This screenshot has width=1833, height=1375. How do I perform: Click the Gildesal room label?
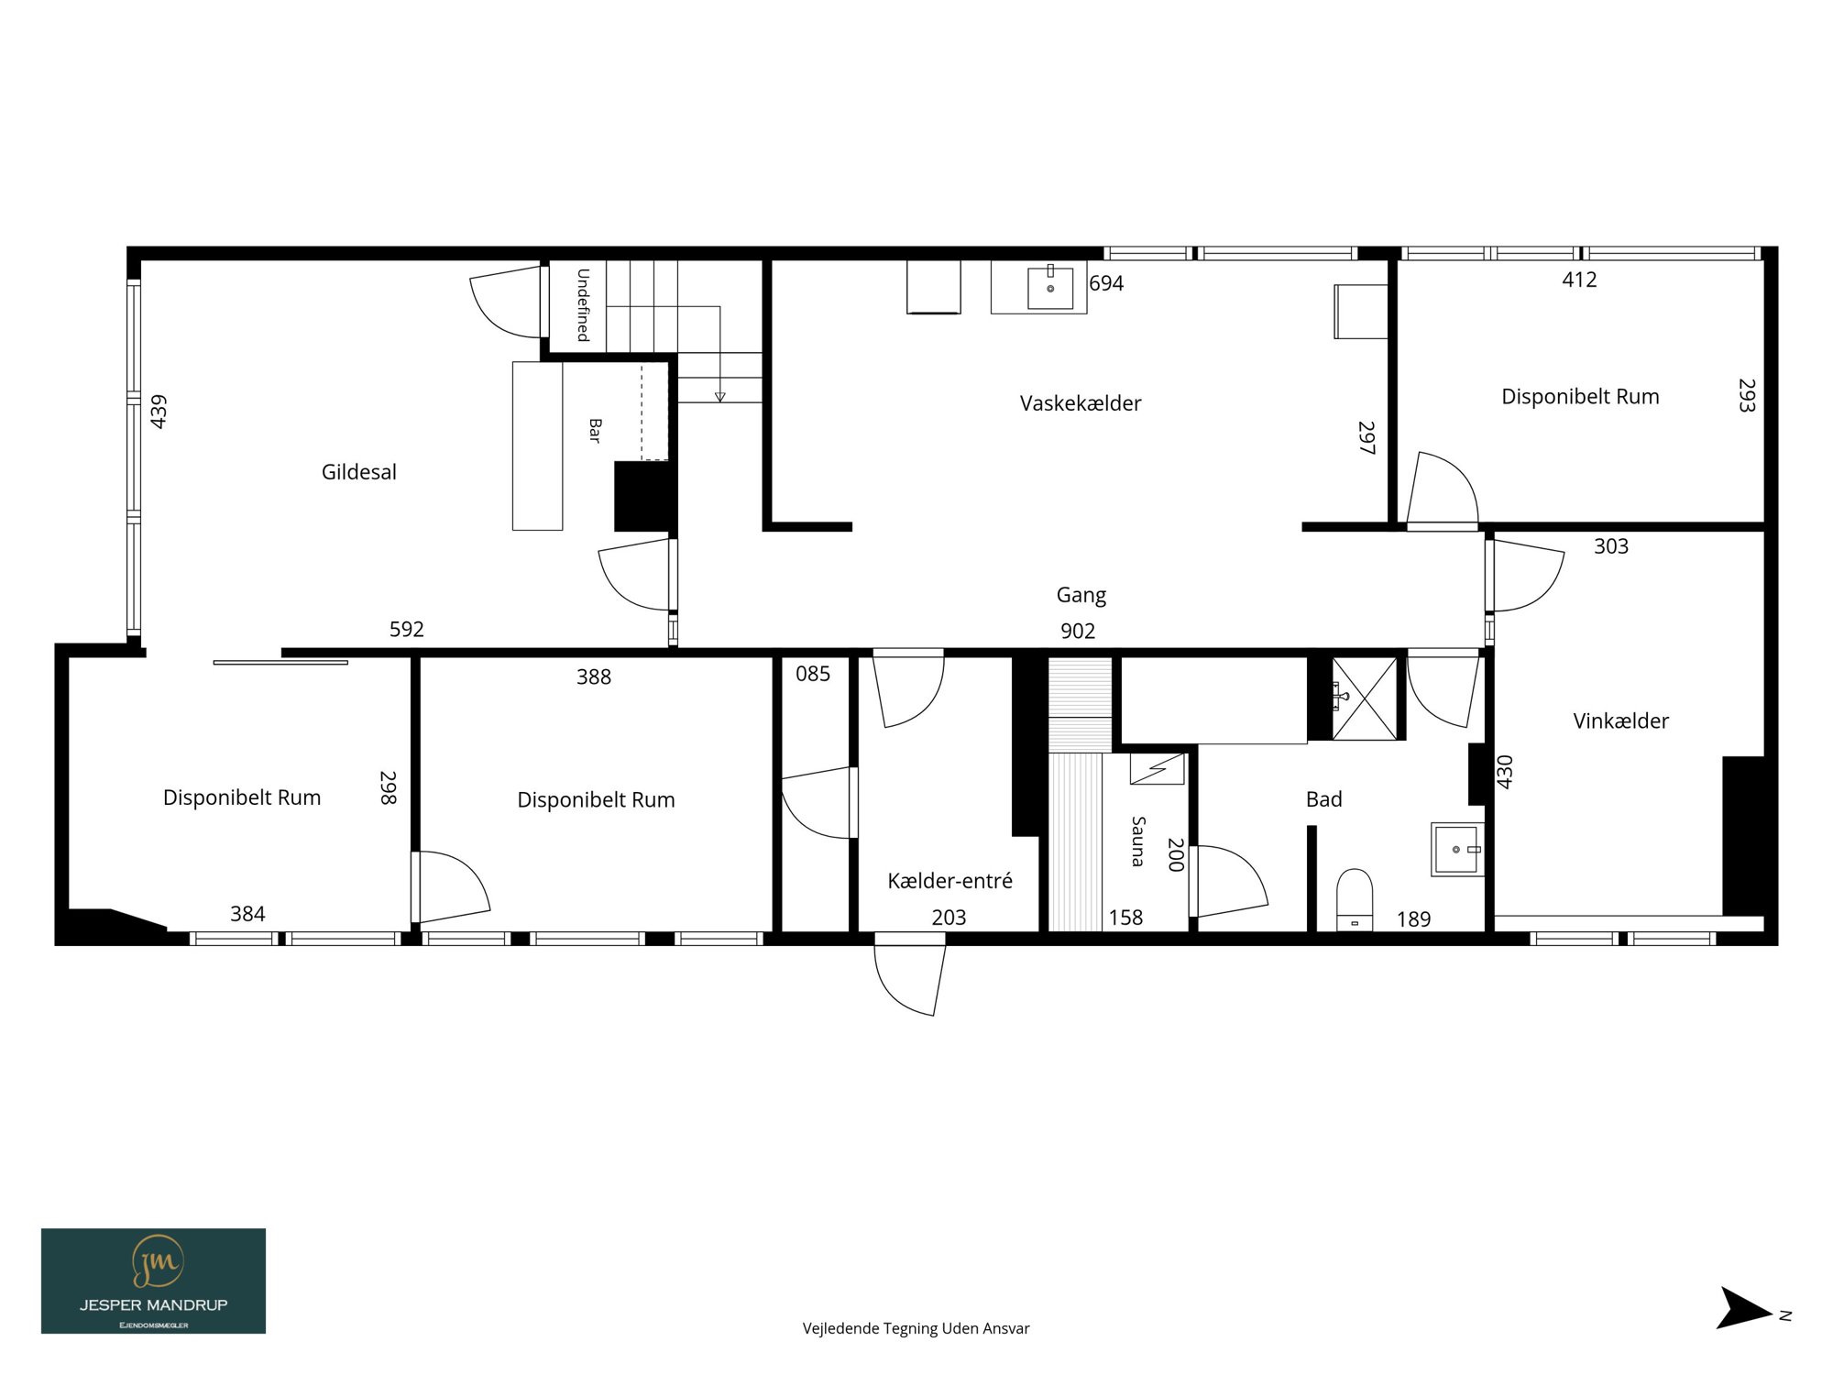click(359, 472)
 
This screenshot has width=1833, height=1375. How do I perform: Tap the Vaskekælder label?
click(1081, 403)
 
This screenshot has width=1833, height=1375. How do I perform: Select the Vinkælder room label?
click(1621, 721)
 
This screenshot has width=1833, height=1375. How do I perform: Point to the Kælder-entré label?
click(950, 881)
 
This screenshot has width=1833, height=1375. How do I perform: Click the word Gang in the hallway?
click(1081, 596)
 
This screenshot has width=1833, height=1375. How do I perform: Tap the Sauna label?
click(1138, 841)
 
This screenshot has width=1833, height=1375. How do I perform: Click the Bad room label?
click(1324, 799)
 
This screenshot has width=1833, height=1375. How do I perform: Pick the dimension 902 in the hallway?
click(1078, 631)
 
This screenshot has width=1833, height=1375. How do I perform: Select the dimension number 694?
click(1106, 283)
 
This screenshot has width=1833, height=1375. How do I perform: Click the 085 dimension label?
click(813, 675)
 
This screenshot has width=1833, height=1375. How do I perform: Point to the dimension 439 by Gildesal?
click(159, 412)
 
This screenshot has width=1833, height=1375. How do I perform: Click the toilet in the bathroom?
click(1355, 900)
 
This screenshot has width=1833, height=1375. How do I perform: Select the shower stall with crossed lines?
click(1365, 698)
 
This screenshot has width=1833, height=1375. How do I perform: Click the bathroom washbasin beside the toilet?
click(1456, 850)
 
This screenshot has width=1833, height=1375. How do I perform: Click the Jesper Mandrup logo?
click(154, 1281)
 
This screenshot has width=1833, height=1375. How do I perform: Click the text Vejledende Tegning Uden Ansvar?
click(916, 1328)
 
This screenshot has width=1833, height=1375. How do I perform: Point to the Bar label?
click(595, 431)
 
